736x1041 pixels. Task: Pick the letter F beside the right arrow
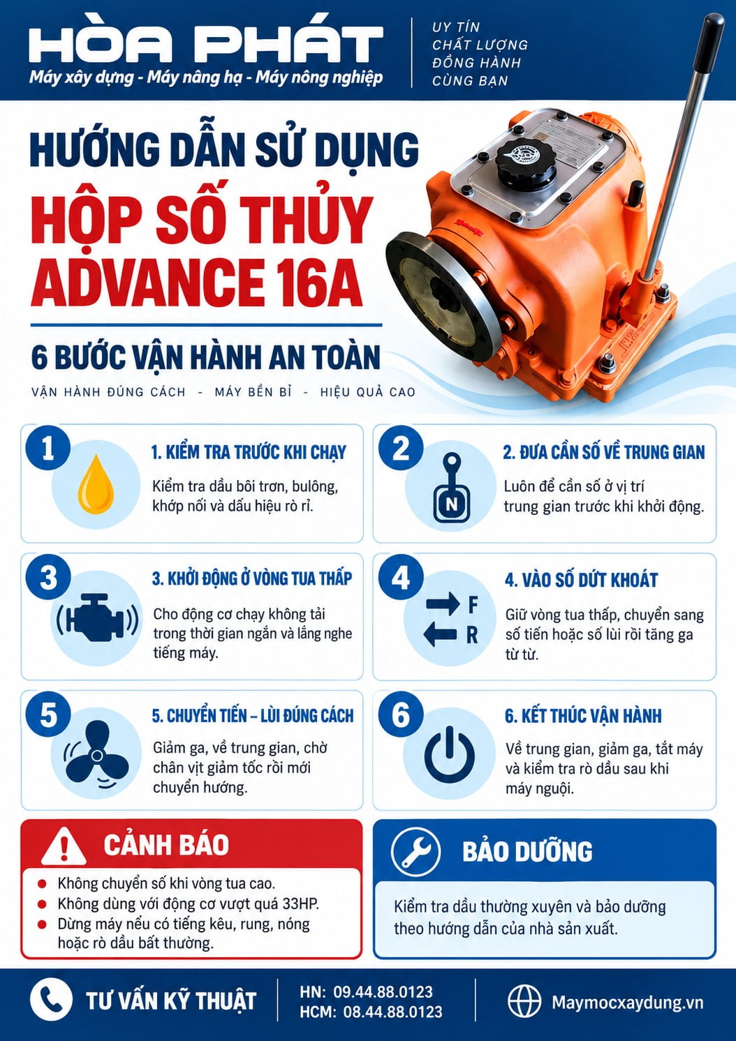pos(473,605)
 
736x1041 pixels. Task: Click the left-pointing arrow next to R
pos(441,634)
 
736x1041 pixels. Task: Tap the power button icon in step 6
pos(450,755)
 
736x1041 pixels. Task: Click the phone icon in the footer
pos(51,999)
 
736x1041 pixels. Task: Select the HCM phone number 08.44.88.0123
pos(393,1012)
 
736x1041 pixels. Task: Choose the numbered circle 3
pos(48,579)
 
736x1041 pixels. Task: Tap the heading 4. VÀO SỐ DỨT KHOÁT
pos(582,580)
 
